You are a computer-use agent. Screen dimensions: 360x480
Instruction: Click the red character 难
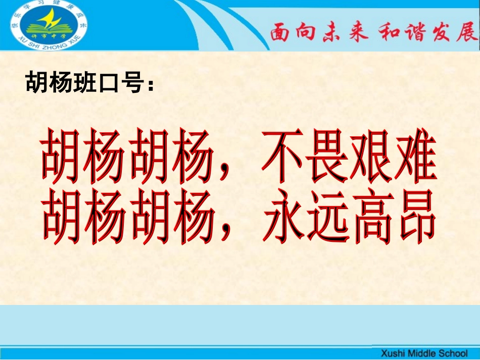coord(414,159)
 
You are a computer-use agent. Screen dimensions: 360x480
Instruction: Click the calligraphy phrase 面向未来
coord(315,33)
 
